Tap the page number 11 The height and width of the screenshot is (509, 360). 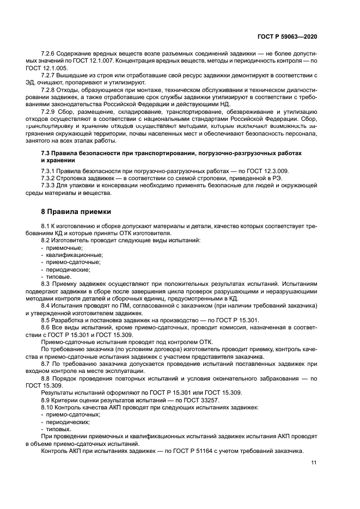click(314, 463)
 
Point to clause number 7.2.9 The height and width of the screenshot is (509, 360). click(50, 111)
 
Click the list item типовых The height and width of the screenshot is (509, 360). click(58, 429)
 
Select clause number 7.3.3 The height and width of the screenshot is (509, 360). click(50, 186)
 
